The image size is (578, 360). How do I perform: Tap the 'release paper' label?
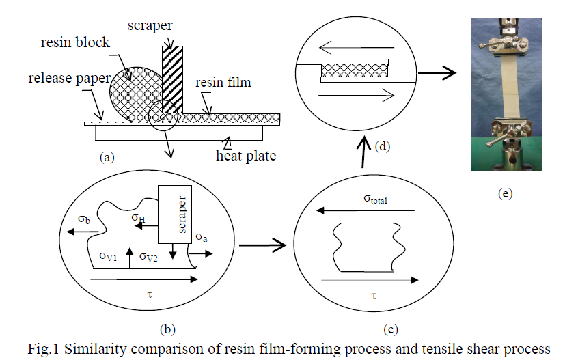click(x=68, y=78)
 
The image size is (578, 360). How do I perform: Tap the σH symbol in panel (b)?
click(x=139, y=218)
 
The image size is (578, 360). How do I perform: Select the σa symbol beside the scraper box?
click(x=202, y=236)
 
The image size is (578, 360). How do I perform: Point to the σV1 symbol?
click(x=108, y=256)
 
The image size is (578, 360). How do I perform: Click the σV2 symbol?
click(x=151, y=256)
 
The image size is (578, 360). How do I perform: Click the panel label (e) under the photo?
click(x=505, y=194)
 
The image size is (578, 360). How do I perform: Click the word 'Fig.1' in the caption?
click(x=44, y=349)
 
